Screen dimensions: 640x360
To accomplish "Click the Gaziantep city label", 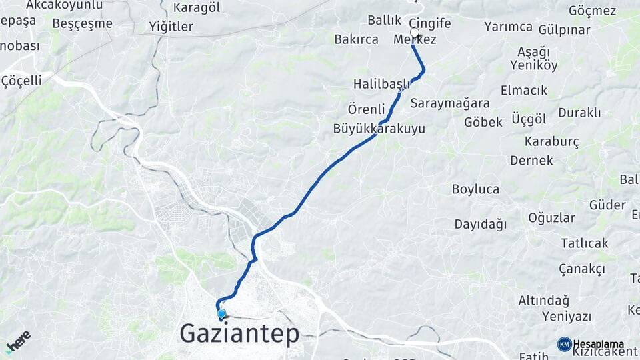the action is pyautogui.click(x=240, y=333).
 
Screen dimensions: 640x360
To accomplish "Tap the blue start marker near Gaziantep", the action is pyautogui.click(x=221, y=313).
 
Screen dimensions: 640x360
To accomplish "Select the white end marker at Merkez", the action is pyautogui.click(x=415, y=33).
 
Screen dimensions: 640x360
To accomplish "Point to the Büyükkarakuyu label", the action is pyautogui.click(x=379, y=129).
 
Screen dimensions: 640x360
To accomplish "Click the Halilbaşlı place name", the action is pyautogui.click(x=381, y=84).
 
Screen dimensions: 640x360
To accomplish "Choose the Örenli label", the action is pyautogui.click(x=366, y=109).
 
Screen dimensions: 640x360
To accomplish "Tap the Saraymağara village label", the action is pyautogui.click(x=450, y=103).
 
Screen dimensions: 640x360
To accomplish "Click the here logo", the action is pyautogui.click(x=18, y=341).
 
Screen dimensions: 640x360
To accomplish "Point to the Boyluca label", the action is pyautogui.click(x=475, y=189).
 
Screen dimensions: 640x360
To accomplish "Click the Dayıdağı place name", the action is pyautogui.click(x=481, y=225).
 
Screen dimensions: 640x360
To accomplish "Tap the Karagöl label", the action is pyautogui.click(x=196, y=8).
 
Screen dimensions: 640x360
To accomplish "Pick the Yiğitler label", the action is pyautogui.click(x=171, y=27).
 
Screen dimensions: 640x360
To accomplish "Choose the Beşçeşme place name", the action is pyautogui.click(x=82, y=24).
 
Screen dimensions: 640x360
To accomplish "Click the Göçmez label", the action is pyautogui.click(x=592, y=11).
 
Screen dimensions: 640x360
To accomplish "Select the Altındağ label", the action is pyautogui.click(x=544, y=301).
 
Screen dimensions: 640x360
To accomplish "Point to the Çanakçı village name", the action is pyautogui.click(x=582, y=269).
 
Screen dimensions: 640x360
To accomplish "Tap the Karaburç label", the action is pyautogui.click(x=552, y=141).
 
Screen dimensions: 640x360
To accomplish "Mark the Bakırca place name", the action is pyautogui.click(x=356, y=39).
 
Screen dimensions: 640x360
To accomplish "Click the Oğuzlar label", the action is pyautogui.click(x=551, y=217).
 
